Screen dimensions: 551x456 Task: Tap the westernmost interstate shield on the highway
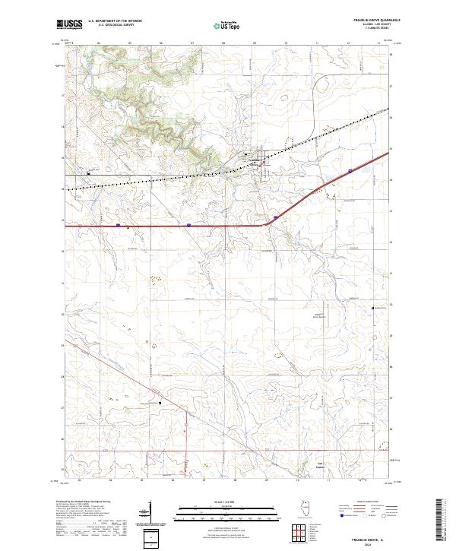coord(119,225)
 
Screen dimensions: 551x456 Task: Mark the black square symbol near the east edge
coord(372,308)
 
